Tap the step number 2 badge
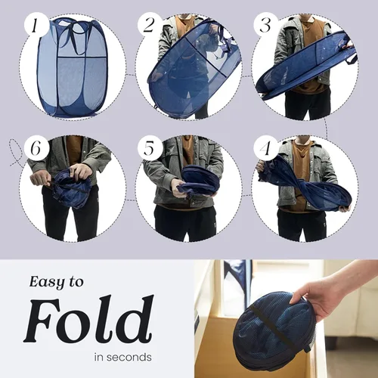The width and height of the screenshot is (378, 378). pos(149,26)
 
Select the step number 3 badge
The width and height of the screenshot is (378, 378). pos(264,26)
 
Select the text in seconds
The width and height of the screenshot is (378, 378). pos(122,356)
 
